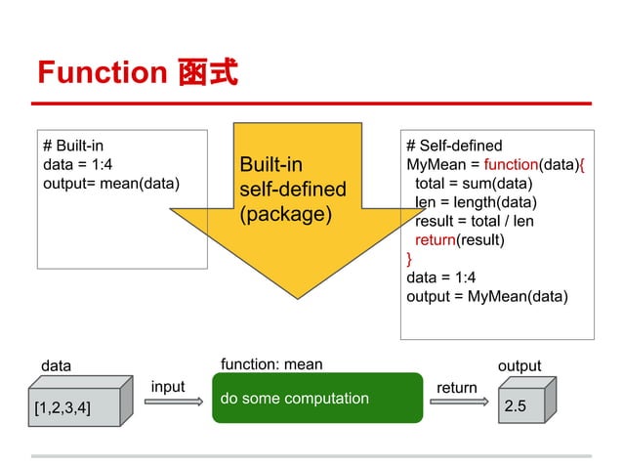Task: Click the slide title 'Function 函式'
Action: [137, 72]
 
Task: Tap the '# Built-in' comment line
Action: [73, 146]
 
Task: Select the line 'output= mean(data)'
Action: [111, 183]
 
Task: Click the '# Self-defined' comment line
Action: [454, 146]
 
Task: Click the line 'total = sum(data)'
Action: [474, 183]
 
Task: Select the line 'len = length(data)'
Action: [476, 202]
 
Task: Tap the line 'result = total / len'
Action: [475, 221]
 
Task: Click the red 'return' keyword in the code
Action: [436, 239]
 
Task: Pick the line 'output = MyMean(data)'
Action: [486, 296]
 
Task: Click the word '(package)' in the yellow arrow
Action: [286, 212]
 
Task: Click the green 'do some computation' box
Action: [317, 398]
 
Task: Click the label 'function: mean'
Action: [271, 364]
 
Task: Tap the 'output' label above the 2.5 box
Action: [519, 365]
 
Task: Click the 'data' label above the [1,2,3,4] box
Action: [56, 365]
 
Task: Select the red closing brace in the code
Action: [410, 258]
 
